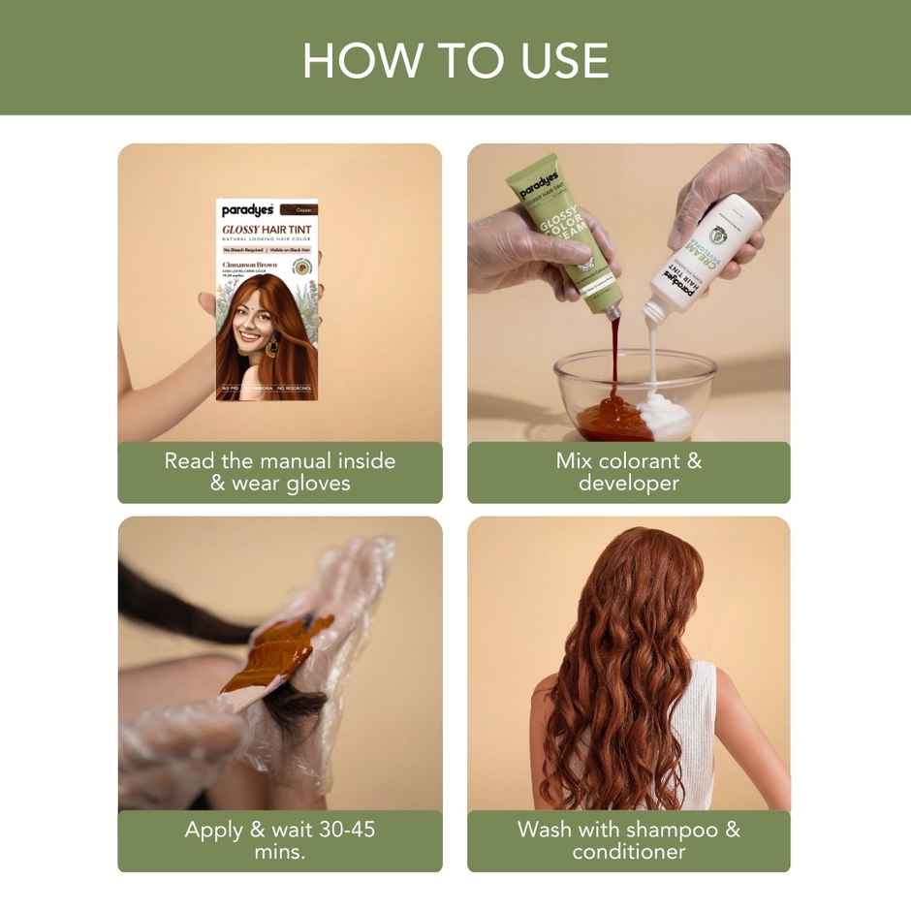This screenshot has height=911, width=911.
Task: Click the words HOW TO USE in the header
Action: click(455, 60)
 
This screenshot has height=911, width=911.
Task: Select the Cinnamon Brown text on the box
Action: click(250, 265)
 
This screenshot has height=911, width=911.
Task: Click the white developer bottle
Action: click(702, 252)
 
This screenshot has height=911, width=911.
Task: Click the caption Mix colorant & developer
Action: click(628, 472)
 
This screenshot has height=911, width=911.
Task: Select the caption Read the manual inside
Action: click(279, 461)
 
